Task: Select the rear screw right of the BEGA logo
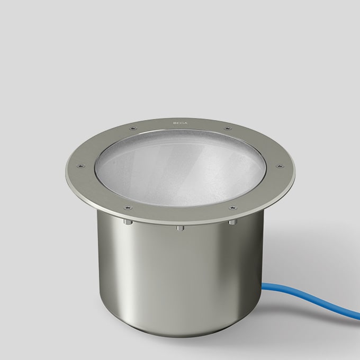pos(227,128)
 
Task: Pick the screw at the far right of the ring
pos(279,166)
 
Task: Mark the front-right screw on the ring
pos(231,208)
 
